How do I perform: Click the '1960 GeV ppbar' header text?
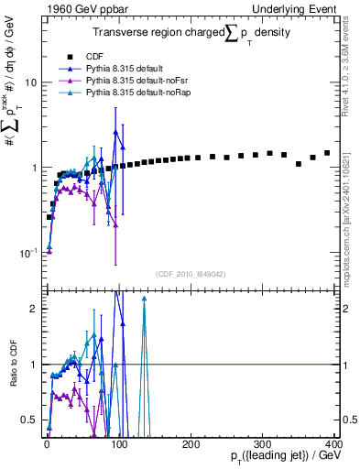coord(81,8)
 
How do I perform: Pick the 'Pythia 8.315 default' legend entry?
coord(124,67)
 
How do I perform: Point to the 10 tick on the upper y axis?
coord(29,82)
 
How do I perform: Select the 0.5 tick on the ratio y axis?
coord(29,420)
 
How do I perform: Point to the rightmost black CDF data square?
coord(327,153)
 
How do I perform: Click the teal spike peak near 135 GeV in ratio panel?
coord(144,299)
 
